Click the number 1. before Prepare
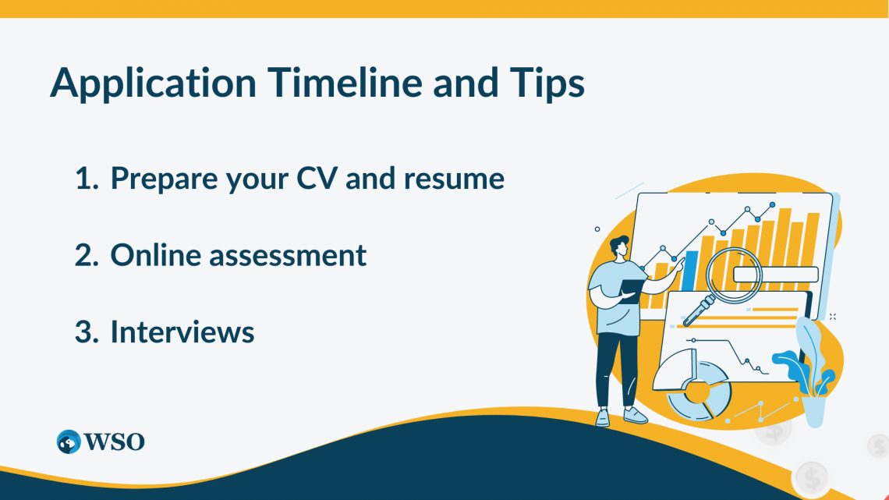click(88, 179)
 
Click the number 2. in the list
click(88, 255)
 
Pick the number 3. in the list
click(88, 332)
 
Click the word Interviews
click(182, 332)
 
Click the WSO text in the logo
click(115, 441)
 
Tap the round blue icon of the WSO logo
click(69, 441)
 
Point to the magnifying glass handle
click(696, 312)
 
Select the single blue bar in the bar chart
click(690, 270)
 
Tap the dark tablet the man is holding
click(632, 288)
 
